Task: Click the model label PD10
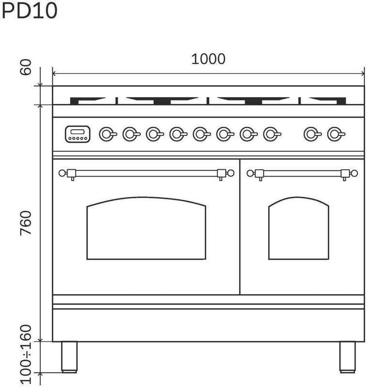coord(30,11)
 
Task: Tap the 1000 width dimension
coord(208,59)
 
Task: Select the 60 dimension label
coord(26,67)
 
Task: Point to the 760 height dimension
coord(26,223)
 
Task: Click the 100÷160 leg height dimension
coord(26,354)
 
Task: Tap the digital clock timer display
coord(77,134)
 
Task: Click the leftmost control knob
coord(107,134)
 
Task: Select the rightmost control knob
coord(336,134)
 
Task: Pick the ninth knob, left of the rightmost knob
coord(313,134)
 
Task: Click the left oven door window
coord(146,228)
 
